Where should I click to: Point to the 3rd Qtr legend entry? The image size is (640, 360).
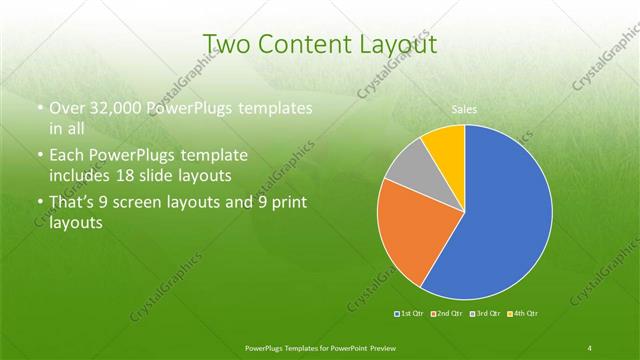coord(485,314)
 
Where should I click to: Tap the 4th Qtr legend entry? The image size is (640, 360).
coord(522,314)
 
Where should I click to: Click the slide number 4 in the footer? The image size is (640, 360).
coord(590,347)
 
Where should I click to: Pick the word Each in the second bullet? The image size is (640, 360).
coord(67,156)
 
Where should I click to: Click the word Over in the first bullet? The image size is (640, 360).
coord(68,108)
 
